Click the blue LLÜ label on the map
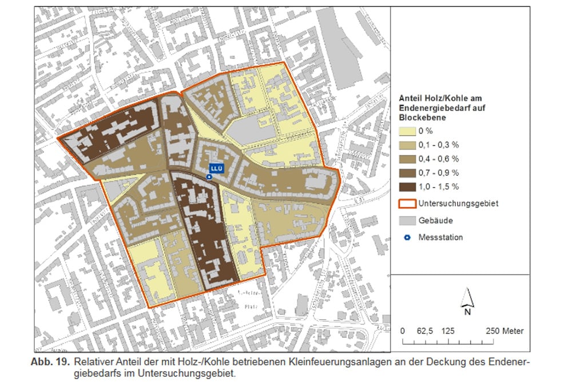216,168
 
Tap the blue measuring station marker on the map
209,178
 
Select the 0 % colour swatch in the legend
406,131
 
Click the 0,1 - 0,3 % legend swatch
406,144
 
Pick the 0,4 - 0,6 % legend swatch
406,159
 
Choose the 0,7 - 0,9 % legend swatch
406,172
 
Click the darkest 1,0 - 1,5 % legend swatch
406,187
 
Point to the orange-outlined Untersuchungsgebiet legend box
406,203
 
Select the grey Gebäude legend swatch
406,220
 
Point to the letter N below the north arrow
467,312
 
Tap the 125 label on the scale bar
448,331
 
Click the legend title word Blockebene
422,117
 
